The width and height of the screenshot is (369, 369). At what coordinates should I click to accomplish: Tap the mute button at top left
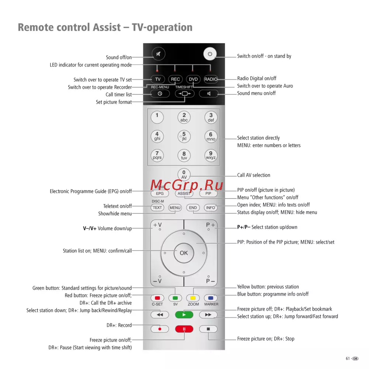tap(159, 54)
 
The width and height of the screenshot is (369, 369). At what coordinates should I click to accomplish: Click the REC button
tap(175, 79)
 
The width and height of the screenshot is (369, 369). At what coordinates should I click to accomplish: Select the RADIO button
tap(211, 79)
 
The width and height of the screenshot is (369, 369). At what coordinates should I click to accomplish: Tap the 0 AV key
tap(184, 174)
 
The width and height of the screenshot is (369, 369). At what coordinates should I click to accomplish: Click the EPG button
tap(159, 193)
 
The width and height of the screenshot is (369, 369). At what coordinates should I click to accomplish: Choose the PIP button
tap(208, 193)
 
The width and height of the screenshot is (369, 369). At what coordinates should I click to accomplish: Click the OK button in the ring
tap(184, 253)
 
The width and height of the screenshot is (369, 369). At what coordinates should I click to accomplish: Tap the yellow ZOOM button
tap(193, 298)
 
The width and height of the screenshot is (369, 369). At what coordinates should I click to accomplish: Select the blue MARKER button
tap(211, 298)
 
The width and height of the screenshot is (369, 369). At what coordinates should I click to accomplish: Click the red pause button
tap(184, 329)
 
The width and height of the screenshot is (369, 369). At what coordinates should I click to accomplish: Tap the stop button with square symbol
tap(208, 329)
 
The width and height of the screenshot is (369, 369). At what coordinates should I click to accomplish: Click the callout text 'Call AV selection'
tap(254, 175)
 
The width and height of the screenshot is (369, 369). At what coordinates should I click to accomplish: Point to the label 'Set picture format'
tap(114, 102)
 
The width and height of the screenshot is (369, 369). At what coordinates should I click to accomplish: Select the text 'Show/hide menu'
tap(115, 214)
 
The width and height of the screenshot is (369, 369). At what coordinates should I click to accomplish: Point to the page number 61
tap(348, 358)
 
